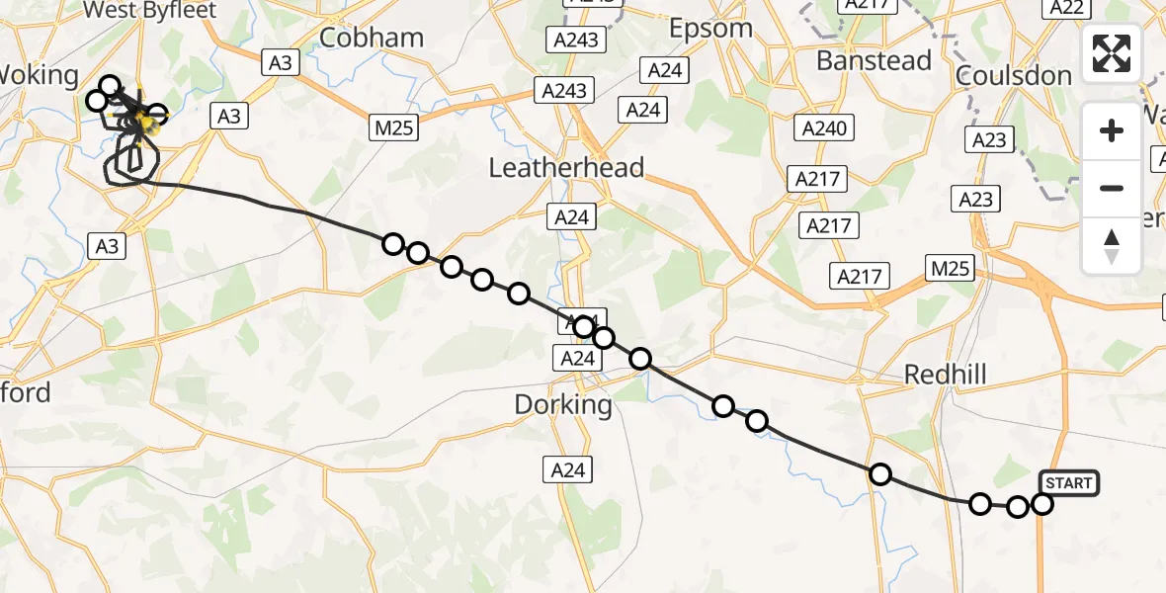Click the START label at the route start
(1068, 483)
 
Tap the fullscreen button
(1112, 53)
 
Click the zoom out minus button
(1112, 188)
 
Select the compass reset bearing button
(1112, 245)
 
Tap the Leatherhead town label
(566, 168)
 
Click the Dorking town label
(563, 405)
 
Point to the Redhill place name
(946, 374)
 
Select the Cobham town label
(373, 38)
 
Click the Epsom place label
(710, 28)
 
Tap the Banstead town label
(874, 61)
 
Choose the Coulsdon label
(1014, 76)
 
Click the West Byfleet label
(151, 11)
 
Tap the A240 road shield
(825, 128)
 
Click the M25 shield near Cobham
(395, 127)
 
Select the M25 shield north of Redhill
(951, 267)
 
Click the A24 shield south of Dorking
(568, 470)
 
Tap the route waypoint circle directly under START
(1042, 504)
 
